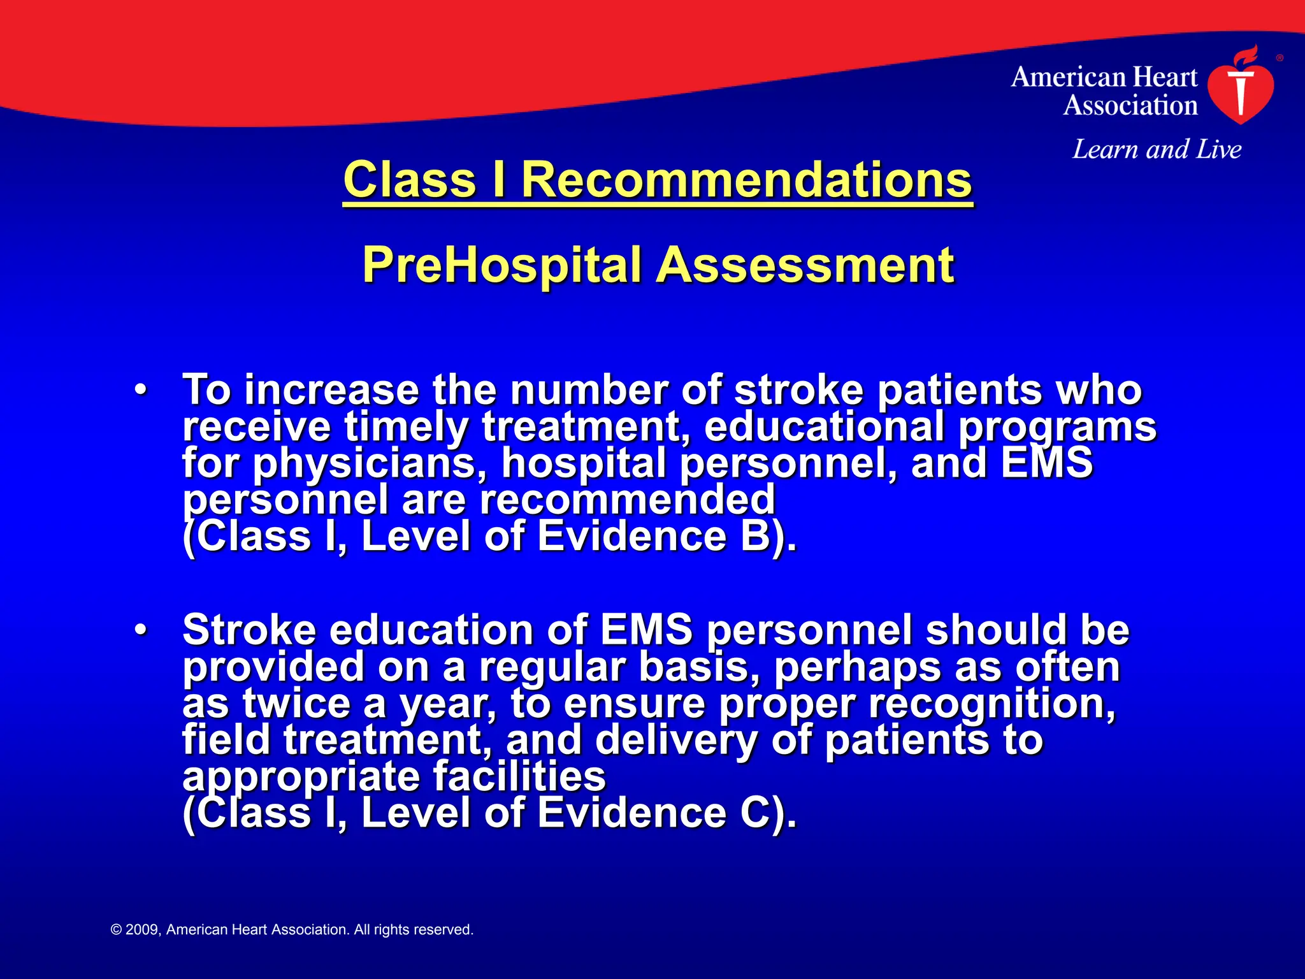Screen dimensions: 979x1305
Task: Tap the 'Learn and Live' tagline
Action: click(1157, 150)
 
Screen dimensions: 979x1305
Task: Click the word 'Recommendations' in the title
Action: click(746, 180)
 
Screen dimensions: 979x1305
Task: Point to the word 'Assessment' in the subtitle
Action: click(805, 265)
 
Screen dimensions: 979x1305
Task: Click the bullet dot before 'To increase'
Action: click(141, 389)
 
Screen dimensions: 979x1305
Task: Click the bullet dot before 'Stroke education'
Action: click(141, 630)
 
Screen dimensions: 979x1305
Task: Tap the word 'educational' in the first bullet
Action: click(824, 426)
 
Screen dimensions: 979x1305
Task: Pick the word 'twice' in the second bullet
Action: click(297, 704)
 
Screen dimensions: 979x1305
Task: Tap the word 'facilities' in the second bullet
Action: click(519, 777)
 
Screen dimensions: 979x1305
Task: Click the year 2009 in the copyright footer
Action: click(142, 930)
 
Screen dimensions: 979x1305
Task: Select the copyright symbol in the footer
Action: click(116, 930)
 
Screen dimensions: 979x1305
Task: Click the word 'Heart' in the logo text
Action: click(1168, 78)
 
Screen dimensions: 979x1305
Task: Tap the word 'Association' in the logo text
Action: click(1130, 106)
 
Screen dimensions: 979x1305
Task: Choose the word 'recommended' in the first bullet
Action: click(627, 500)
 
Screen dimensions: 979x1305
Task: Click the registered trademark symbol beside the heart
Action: click(1280, 58)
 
